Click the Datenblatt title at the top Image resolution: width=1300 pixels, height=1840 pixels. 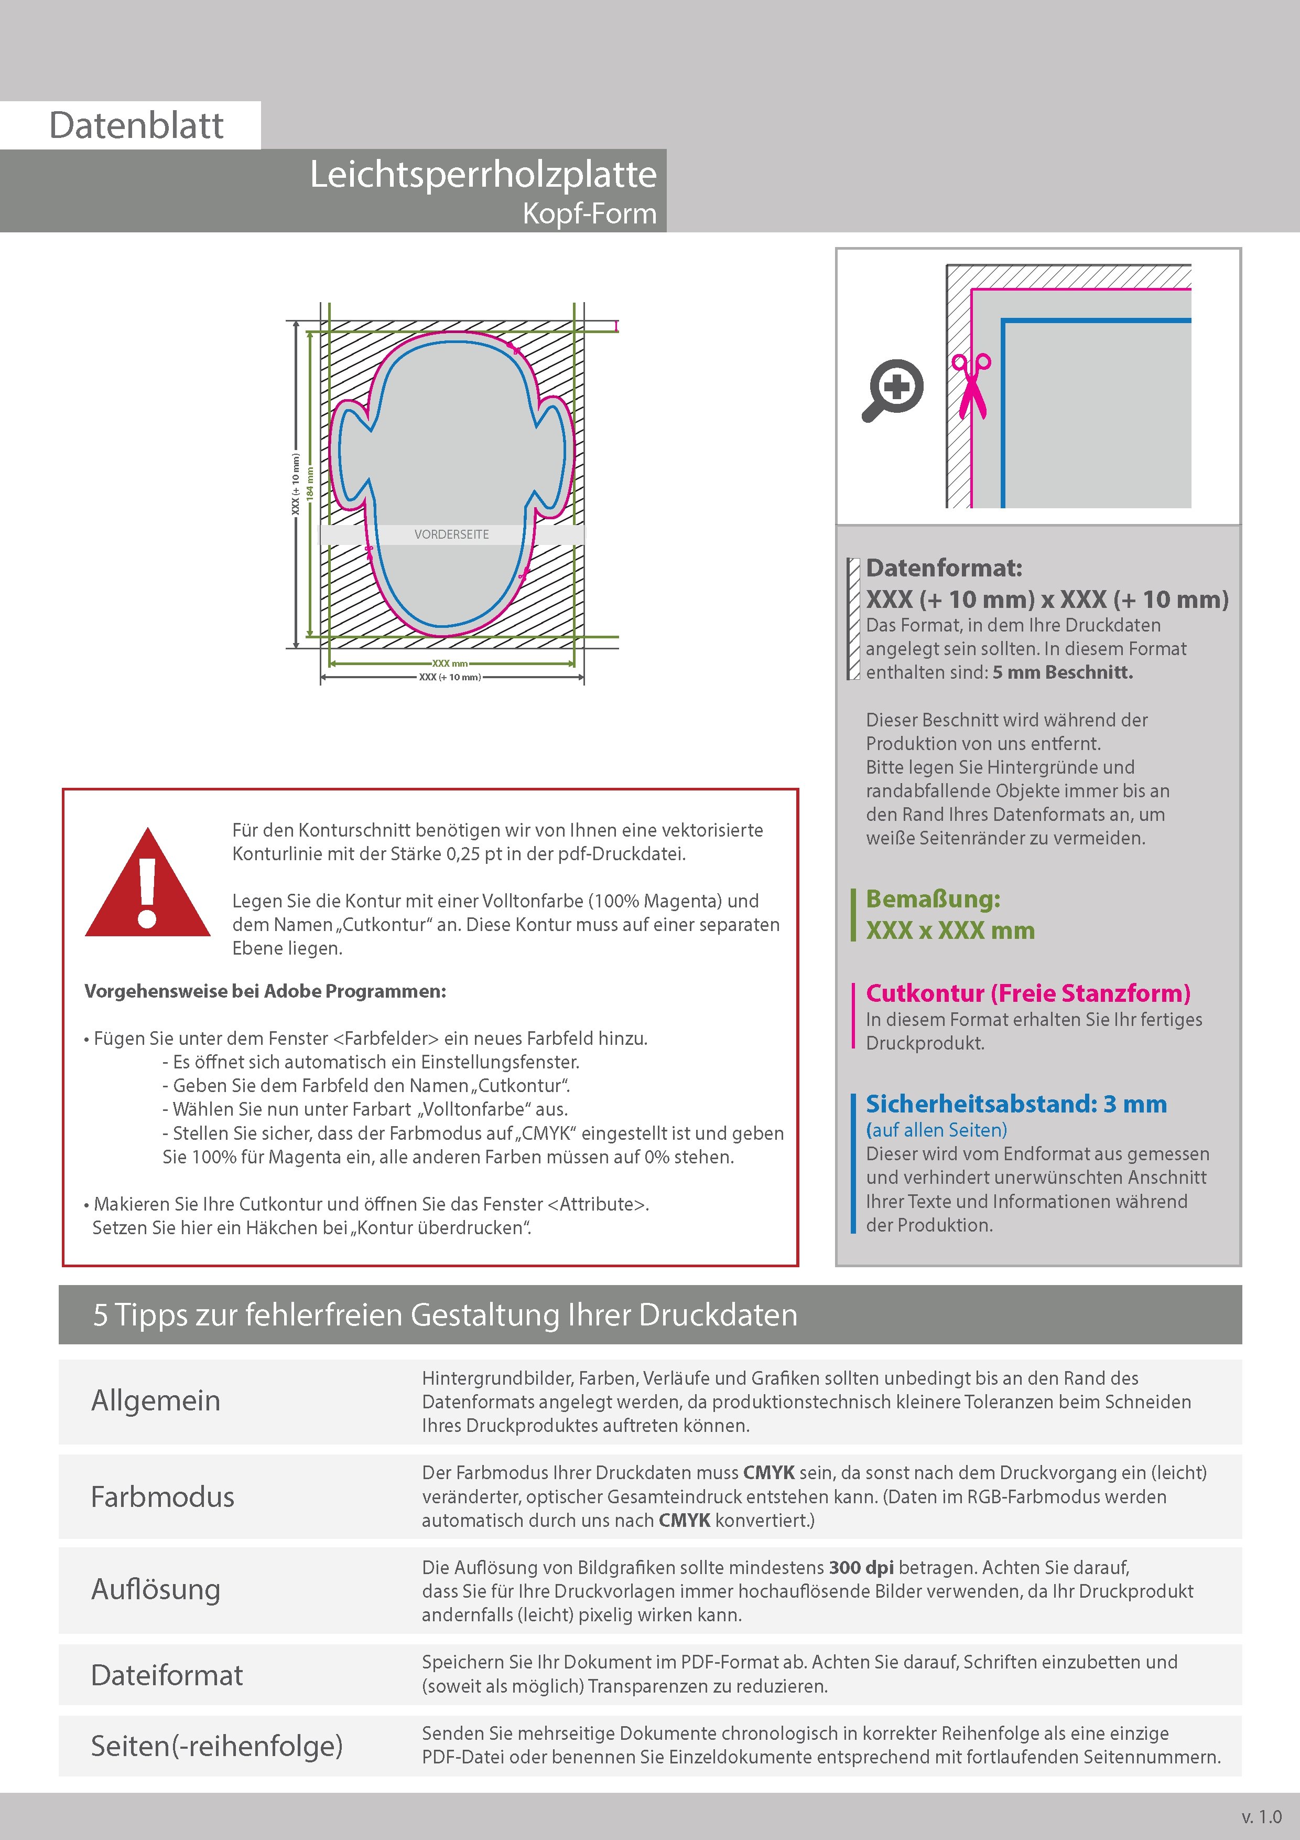point(136,126)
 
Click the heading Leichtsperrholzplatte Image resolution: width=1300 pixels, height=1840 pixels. point(483,175)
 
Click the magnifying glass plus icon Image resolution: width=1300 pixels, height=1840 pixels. point(893,390)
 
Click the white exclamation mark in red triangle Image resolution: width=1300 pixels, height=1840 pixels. point(147,890)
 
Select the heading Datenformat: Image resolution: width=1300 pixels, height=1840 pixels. point(944,568)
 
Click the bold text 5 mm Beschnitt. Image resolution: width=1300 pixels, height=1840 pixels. point(1062,672)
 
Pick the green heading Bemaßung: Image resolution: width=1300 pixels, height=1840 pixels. point(933,899)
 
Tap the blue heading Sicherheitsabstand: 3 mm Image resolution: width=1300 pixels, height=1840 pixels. point(1016,1104)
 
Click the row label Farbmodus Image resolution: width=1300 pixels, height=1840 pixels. point(162,1496)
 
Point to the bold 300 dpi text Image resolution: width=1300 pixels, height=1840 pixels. point(861,1568)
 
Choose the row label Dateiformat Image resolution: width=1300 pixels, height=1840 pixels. point(167,1675)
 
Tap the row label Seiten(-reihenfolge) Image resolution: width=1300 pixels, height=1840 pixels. point(216,1746)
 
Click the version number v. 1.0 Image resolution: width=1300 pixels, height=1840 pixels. point(1262,1817)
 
